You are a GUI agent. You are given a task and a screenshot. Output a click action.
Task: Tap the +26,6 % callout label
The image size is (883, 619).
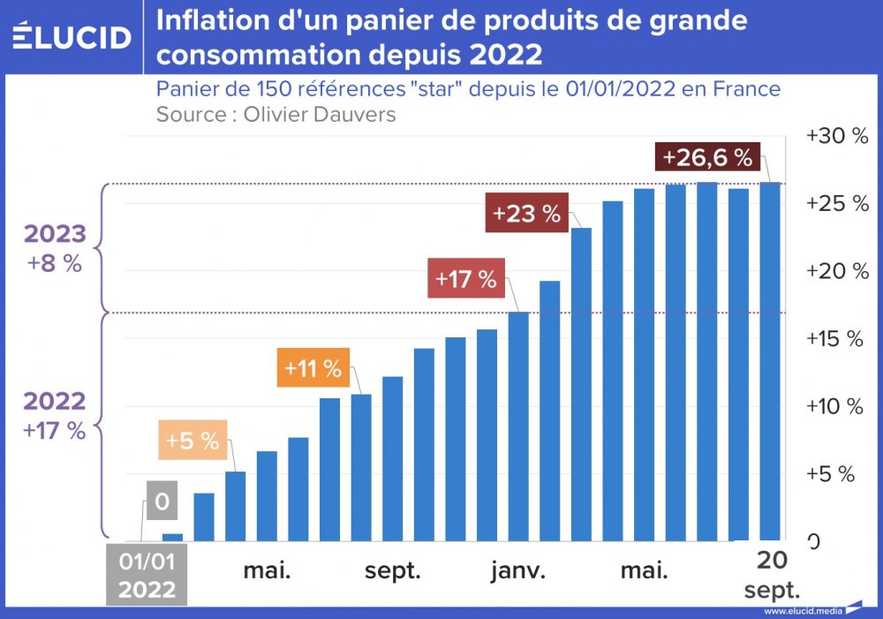click(x=707, y=158)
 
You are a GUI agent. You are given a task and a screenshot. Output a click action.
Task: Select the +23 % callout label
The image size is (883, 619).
click(x=527, y=215)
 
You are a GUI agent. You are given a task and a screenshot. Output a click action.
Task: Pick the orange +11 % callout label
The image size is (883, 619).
click(x=313, y=368)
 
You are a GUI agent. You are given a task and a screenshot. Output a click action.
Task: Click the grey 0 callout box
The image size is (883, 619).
click(x=162, y=502)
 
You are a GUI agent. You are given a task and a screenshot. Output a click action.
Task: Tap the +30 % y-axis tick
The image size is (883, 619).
click(x=837, y=136)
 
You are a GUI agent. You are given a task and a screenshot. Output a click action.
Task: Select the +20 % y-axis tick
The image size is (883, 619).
click(x=837, y=271)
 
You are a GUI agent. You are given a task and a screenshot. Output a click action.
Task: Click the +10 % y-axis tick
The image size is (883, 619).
click(x=837, y=406)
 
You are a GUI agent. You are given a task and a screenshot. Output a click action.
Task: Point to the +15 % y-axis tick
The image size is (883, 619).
click(x=837, y=338)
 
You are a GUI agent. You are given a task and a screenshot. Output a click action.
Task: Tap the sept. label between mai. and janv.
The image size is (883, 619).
click(x=393, y=570)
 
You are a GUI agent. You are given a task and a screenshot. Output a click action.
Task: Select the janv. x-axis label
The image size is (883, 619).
click(x=518, y=570)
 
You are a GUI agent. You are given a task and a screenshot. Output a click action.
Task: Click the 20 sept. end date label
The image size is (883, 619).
click(x=772, y=575)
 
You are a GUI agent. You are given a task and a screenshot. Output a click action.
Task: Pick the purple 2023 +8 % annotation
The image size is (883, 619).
click(x=55, y=248)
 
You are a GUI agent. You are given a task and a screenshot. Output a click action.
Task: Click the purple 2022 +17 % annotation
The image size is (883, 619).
click(x=55, y=415)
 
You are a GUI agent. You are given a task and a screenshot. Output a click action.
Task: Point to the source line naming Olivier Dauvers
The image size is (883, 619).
click(x=275, y=114)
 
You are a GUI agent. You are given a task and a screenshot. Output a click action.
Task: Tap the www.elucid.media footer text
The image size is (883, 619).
click(x=802, y=611)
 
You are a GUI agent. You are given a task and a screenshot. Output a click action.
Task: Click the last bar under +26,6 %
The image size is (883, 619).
click(x=770, y=361)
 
